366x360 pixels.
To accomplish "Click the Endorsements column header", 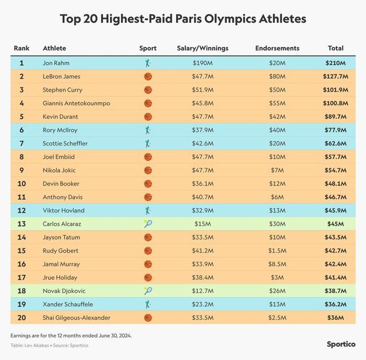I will point(277,48).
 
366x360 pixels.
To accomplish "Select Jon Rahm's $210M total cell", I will point(335,63).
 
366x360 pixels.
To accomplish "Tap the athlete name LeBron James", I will point(62,76).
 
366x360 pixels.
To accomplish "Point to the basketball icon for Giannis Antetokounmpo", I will point(148,103).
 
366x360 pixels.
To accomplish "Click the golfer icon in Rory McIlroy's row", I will point(148,130).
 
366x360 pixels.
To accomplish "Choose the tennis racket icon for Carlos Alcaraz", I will point(148,224).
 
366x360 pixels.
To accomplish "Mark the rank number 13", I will point(22,224).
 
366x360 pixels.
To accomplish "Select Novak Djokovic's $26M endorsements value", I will point(277,291).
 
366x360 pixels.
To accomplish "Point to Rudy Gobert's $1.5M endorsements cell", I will point(277,251).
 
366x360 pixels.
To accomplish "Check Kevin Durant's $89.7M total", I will point(335,117).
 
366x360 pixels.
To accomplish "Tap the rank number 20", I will point(22,318).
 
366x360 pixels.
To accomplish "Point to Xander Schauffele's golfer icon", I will point(148,304).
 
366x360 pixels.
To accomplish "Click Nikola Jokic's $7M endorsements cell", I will point(277,170).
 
